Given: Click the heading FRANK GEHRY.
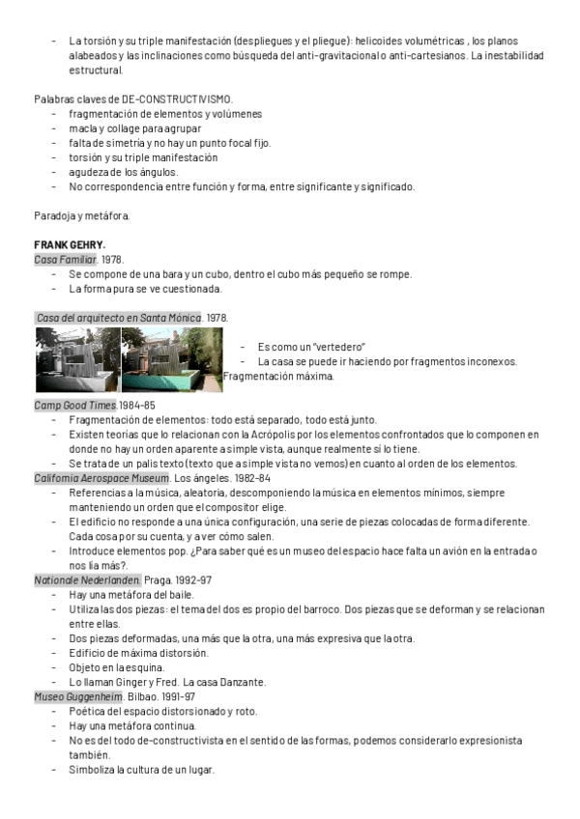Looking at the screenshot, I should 70,245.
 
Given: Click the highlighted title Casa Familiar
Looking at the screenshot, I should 65,260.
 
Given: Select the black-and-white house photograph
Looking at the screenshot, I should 77,360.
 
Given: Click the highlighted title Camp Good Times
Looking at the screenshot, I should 75,405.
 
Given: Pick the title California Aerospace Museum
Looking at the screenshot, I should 101,478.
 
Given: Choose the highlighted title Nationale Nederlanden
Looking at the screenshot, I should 87,579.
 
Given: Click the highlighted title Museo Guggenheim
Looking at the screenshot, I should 78,696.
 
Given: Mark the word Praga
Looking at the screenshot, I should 160,579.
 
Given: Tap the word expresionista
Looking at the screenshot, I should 492,741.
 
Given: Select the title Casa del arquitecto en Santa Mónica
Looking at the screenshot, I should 117,318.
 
